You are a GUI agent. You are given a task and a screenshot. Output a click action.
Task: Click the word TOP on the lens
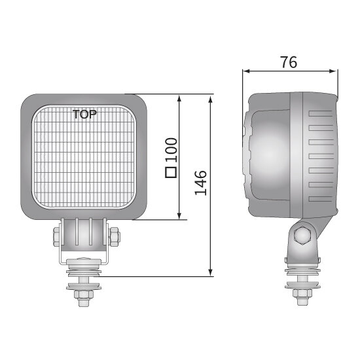click(84, 115)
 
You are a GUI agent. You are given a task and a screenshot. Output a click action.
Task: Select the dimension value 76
click(288, 63)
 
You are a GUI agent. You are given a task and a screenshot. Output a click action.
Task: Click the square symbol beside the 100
click(171, 173)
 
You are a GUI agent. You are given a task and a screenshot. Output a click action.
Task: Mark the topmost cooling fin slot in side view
click(321, 113)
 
